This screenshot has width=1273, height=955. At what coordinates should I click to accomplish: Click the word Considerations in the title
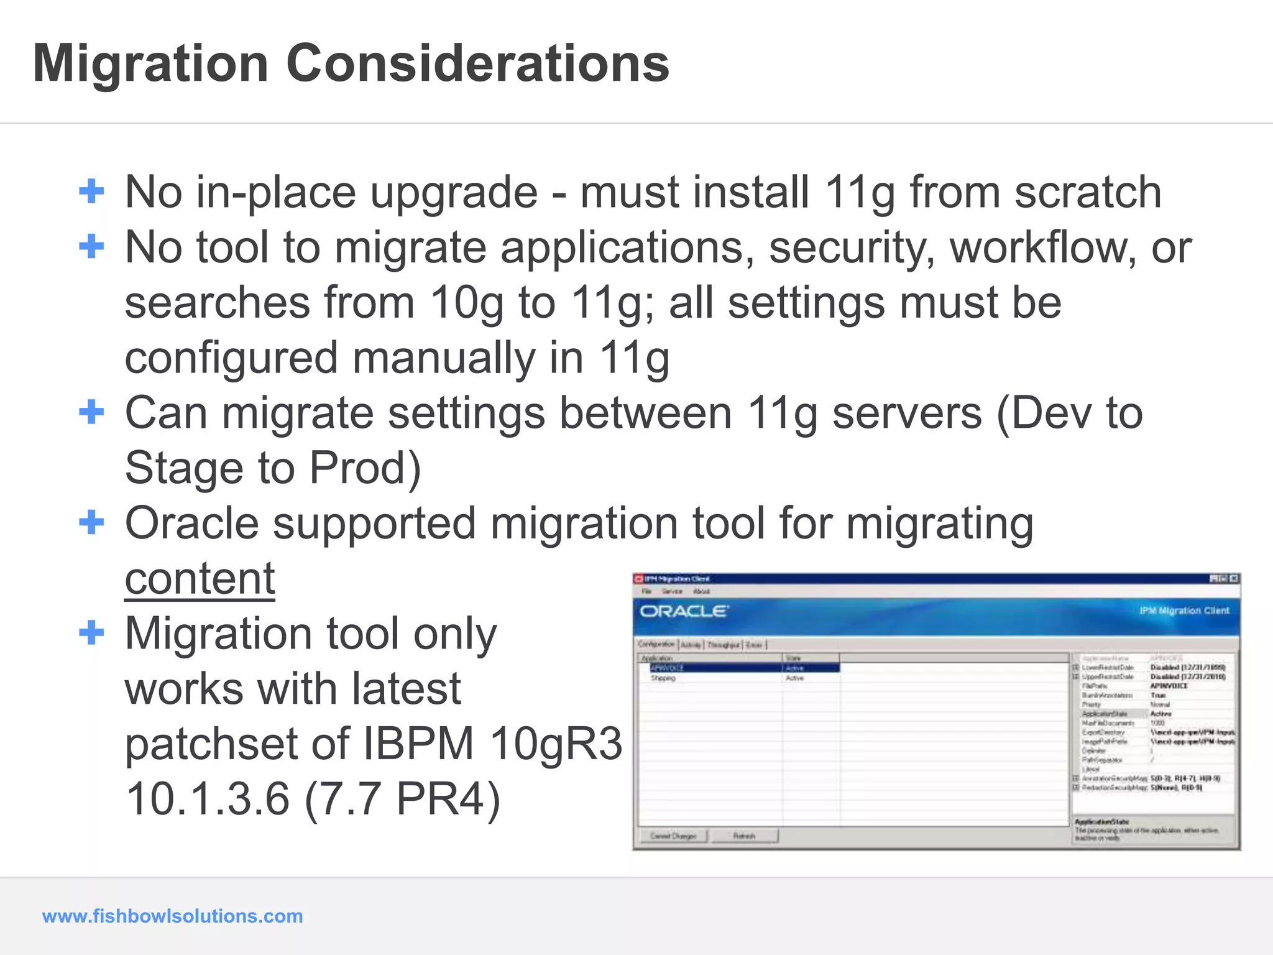point(477,63)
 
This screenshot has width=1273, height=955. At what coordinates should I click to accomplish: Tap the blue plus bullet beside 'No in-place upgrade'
point(91,191)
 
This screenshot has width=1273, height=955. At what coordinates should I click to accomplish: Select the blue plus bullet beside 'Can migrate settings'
point(91,412)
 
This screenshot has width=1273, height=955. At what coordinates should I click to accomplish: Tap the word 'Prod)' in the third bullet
point(365,468)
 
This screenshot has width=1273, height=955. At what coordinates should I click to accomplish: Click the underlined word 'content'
point(200,578)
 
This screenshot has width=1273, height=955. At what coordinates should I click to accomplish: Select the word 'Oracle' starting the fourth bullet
point(191,523)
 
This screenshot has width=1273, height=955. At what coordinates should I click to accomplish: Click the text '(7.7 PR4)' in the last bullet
point(403,799)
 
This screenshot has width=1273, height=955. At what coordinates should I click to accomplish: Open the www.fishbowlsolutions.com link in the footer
point(172,916)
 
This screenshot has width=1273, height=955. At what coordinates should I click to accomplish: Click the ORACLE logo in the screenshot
point(684,611)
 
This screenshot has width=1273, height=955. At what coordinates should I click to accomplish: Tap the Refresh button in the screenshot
point(744,836)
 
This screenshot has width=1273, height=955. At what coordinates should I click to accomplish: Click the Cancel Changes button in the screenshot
point(673,836)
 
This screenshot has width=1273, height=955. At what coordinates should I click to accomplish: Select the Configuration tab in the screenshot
point(656,644)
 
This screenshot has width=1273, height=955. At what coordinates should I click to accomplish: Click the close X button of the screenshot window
point(1234,579)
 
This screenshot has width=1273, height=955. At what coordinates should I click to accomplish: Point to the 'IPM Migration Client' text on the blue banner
point(1184,611)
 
